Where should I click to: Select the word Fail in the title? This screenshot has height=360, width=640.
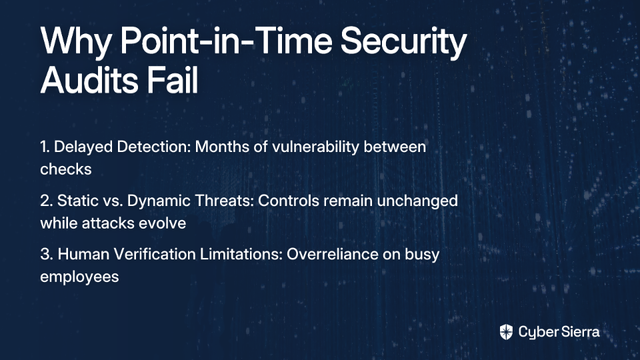coord(172,80)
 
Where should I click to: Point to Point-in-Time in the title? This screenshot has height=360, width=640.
coord(226,41)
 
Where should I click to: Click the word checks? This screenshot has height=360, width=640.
coord(66,169)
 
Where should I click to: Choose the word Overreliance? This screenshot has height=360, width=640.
coord(332,254)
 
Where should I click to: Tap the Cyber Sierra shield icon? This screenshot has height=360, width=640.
coord(506,332)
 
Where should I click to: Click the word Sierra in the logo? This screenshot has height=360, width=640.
coord(579,332)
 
